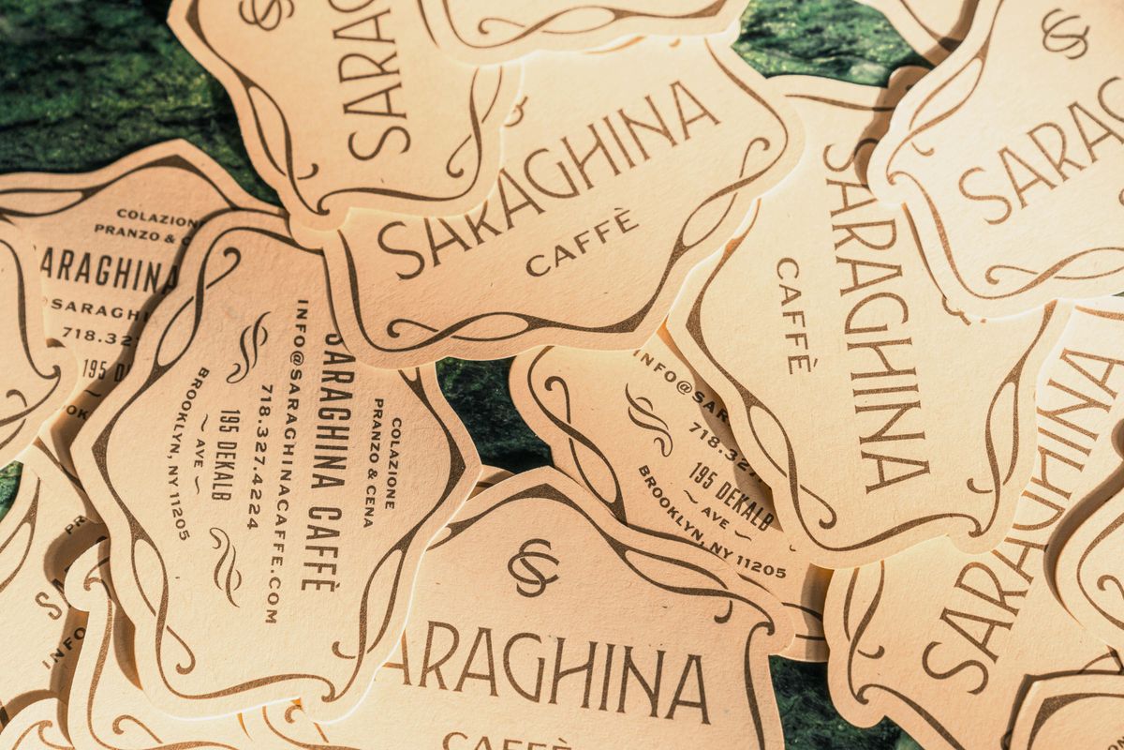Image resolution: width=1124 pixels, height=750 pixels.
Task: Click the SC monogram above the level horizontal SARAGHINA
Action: point(533,567)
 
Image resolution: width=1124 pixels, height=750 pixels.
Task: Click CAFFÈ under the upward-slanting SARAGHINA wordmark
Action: point(582,243)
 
